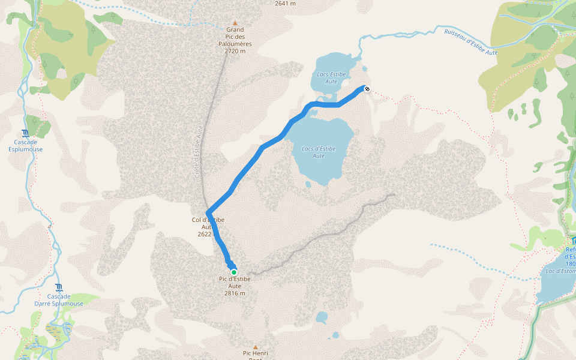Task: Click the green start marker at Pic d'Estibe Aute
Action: point(234,272)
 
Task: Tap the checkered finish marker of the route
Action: point(367,89)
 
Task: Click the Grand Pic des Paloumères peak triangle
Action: point(235,23)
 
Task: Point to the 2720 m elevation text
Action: point(235,51)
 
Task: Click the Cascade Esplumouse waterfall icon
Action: point(25,133)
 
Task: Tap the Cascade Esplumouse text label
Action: point(25,146)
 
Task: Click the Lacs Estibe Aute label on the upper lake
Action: point(331,77)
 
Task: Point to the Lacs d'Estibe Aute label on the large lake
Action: point(319,152)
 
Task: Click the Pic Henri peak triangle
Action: point(255,347)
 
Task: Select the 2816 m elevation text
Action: point(235,293)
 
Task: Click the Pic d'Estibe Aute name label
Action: point(235,282)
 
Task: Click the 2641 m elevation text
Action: point(285,4)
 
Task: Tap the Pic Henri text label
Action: point(255,355)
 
